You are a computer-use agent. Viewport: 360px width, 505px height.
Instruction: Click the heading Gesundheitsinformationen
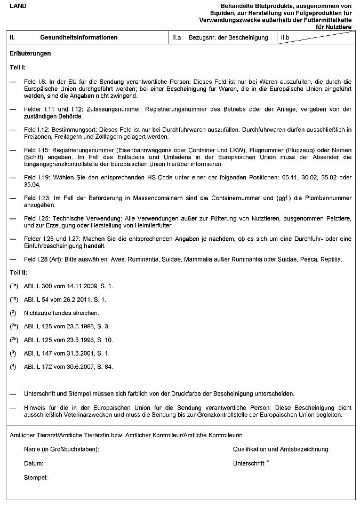[78, 38]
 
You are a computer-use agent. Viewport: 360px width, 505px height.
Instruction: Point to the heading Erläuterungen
[30, 54]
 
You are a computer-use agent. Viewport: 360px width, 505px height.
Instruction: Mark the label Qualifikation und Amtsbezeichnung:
[281, 449]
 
